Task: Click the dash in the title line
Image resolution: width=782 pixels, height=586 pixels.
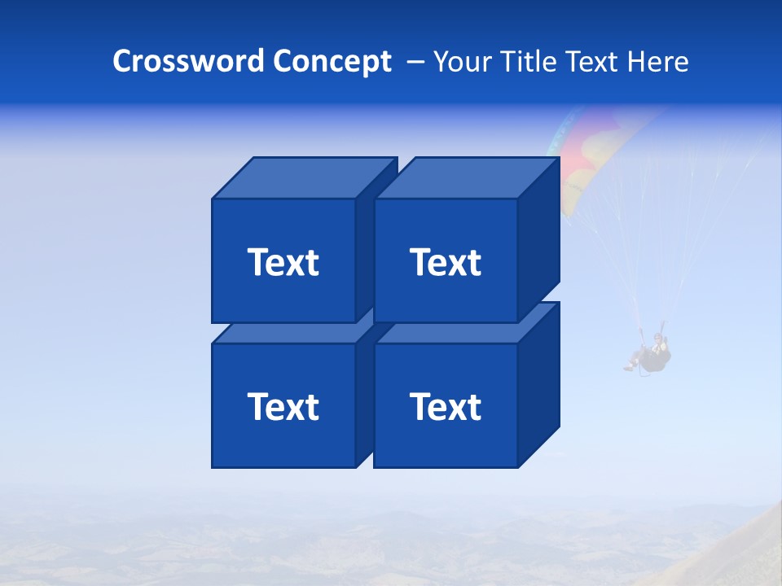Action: (x=414, y=62)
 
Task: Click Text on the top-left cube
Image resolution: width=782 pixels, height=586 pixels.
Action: (x=283, y=262)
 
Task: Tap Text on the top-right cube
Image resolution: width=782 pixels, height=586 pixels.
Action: (x=445, y=262)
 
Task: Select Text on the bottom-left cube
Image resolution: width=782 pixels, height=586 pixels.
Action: (x=283, y=406)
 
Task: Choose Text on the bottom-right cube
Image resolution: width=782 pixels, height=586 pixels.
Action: (x=445, y=406)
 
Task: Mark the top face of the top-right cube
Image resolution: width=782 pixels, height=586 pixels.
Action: (x=466, y=177)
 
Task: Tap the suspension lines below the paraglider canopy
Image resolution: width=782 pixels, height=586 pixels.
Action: (x=644, y=244)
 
